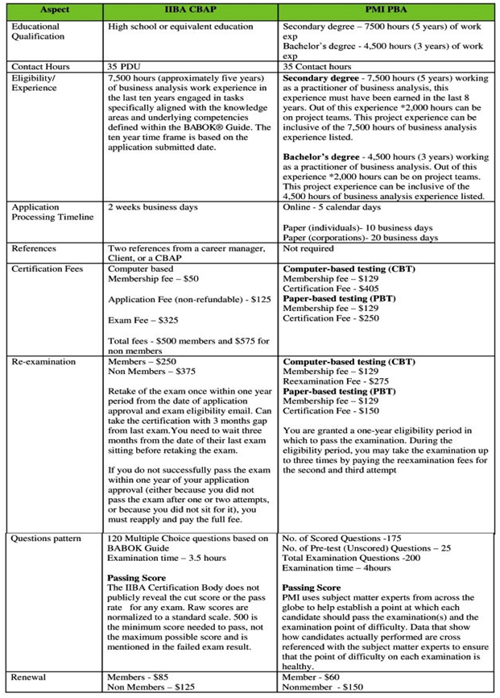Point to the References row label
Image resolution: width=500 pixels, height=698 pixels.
[x=38, y=250]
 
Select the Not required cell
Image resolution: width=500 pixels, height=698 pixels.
[x=310, y=250]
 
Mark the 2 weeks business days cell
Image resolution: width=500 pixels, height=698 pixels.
[x=152, y=206]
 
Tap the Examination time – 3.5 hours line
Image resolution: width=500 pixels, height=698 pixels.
[x=167, y=558]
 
